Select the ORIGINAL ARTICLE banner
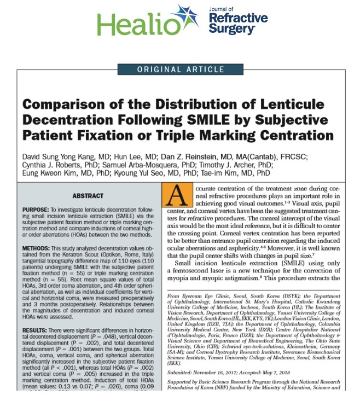[x=180, y=69]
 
